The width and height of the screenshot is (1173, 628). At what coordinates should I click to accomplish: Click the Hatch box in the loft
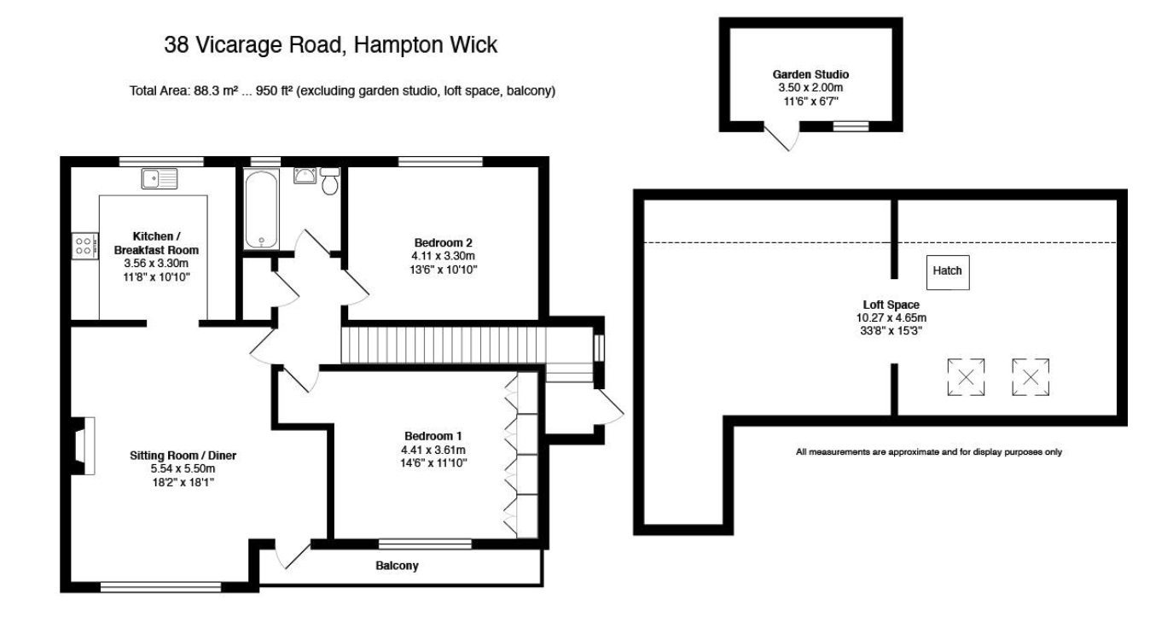click(x=947, y=271)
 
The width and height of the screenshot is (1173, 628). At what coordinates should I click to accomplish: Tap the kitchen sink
click(x=160, y=178)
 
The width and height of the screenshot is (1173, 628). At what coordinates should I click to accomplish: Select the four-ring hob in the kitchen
click(x=84, y=247)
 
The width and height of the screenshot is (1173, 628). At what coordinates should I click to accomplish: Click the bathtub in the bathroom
click(x=260, y=208)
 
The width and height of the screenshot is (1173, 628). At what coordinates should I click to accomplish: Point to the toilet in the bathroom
click(x=331, y=182)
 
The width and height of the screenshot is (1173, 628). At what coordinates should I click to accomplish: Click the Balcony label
click(x=398, y=566)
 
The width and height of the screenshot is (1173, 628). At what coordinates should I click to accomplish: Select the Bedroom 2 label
click(x=443, y=241)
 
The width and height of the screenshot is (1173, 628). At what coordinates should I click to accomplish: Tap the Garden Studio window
click(x=850, y=126)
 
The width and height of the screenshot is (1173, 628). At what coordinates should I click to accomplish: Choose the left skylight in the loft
click(x=966, y=377)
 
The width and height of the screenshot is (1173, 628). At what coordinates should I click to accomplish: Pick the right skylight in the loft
click(x=1031, y=377)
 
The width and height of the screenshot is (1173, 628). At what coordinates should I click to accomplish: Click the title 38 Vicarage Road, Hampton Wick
click(x=330, y=46)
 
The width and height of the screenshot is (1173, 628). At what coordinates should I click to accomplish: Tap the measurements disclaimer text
click(x=928, y=452)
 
